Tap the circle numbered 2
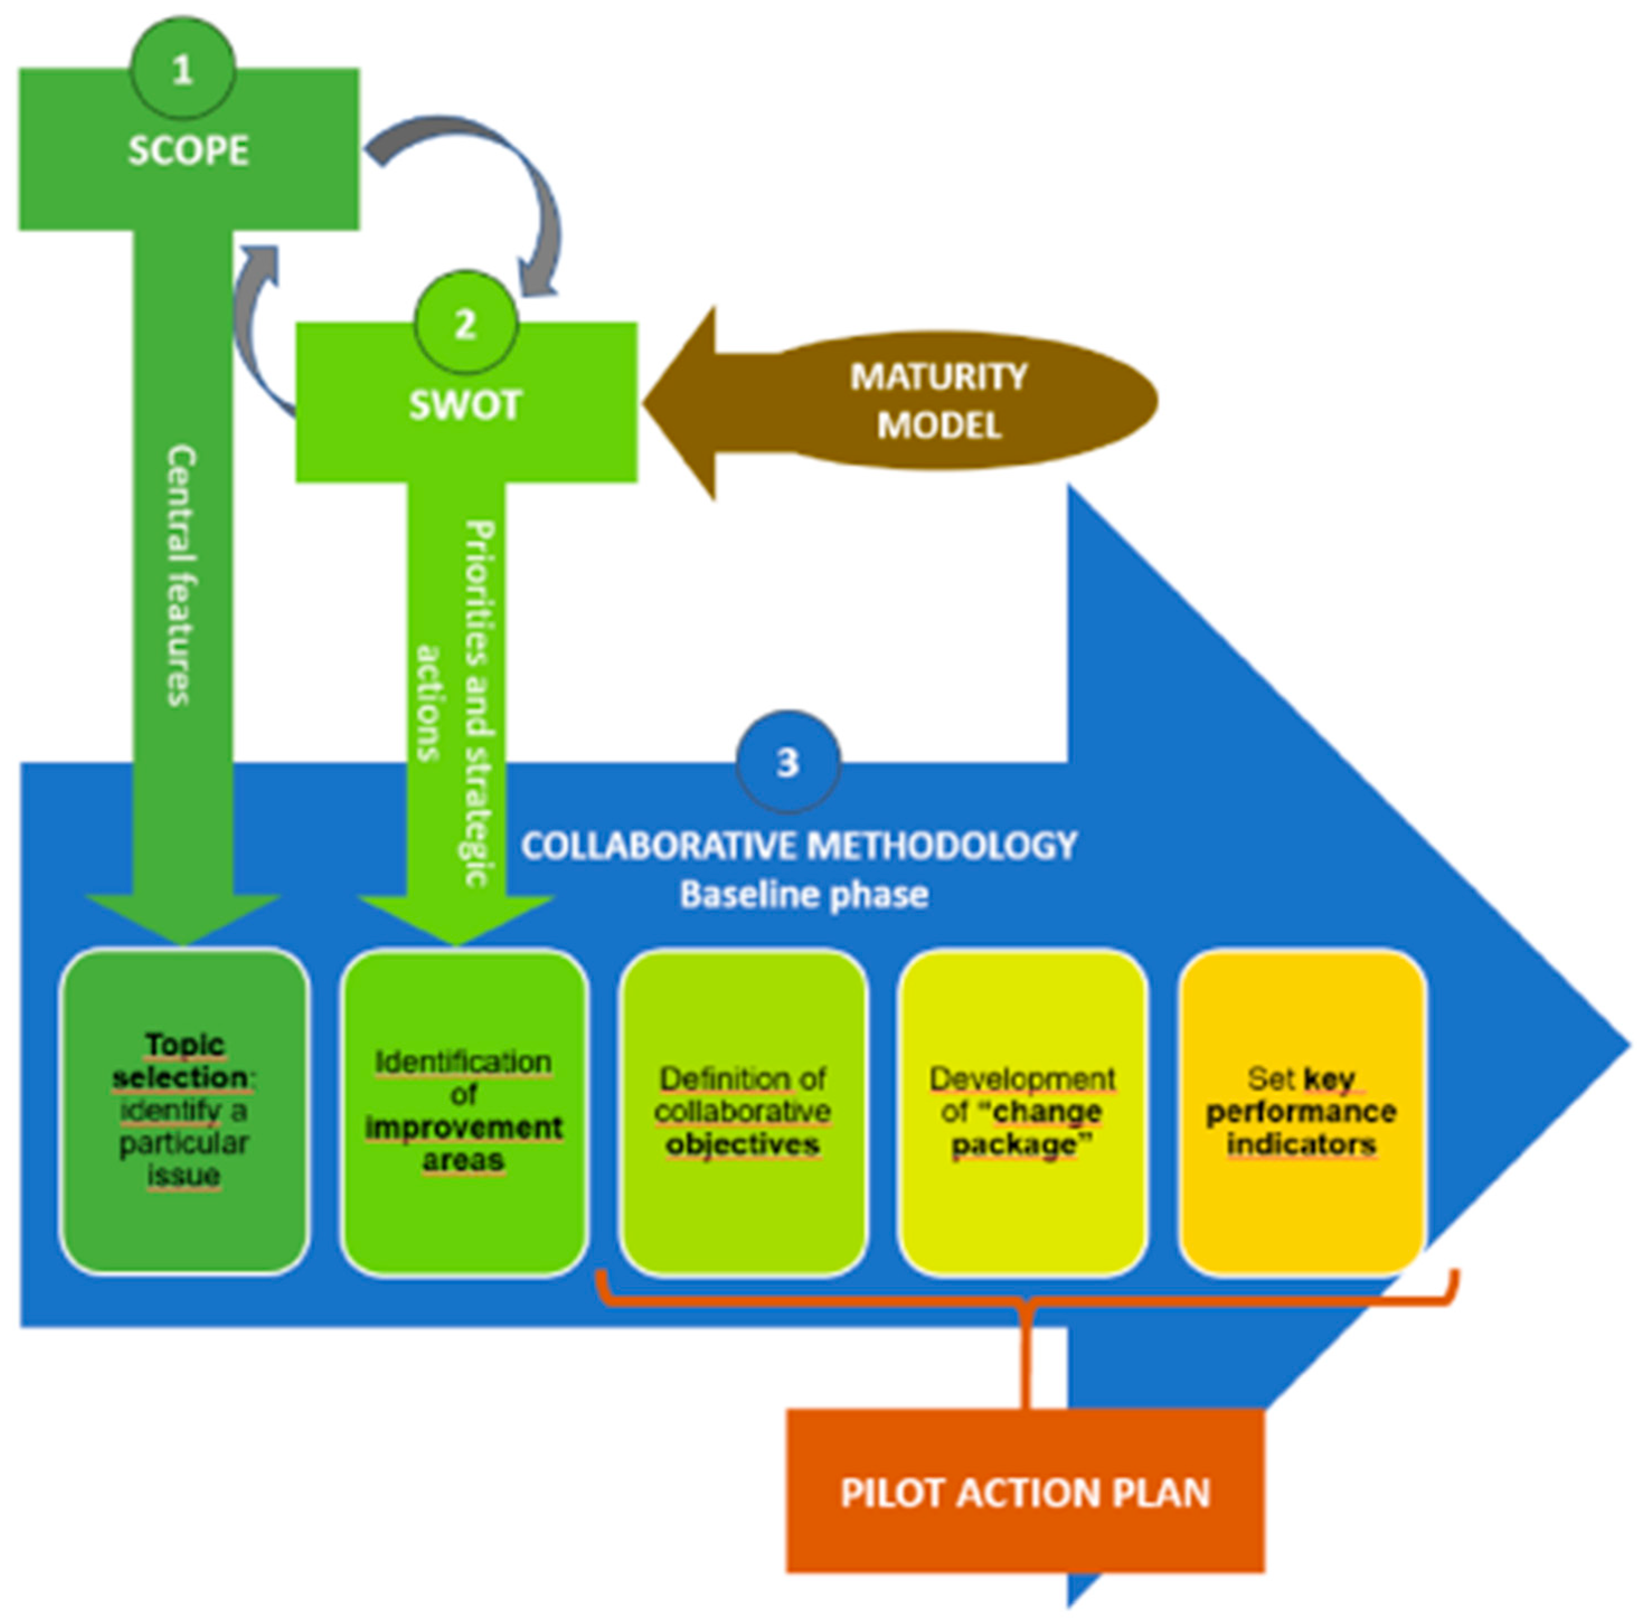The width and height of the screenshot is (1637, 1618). [465, 324]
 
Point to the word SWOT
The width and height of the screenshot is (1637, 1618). [465, 405]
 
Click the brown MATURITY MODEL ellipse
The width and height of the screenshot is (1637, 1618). [939, 400]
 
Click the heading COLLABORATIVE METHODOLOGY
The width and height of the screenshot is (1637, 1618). [799, 846]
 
